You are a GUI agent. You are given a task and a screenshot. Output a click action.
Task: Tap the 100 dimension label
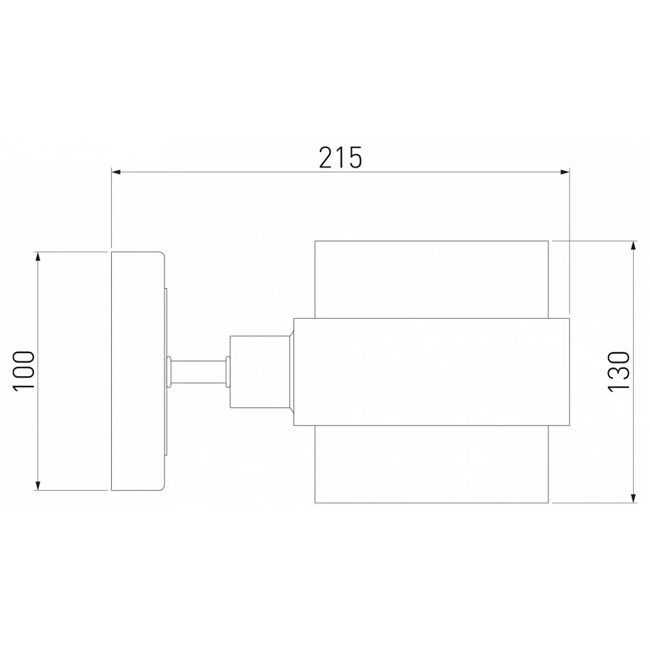tap(24, 371)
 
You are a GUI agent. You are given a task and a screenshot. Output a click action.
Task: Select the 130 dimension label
tap(619, 371)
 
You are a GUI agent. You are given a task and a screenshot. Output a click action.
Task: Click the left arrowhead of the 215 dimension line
tap(116, 172)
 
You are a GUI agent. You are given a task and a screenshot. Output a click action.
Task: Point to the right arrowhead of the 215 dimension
tap(565, 172)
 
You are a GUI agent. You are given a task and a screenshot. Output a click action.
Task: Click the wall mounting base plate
tap(137, 371)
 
